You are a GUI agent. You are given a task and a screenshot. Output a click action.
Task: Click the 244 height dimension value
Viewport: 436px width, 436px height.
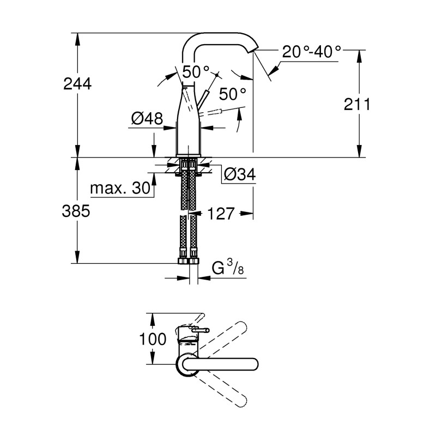[77, 84]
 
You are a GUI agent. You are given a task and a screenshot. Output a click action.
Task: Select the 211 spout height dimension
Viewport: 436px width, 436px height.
[357, 104]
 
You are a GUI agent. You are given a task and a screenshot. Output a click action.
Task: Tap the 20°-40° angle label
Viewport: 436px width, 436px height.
[312, 52]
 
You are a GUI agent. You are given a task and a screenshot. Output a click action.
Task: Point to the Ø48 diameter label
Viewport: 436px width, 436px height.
[147, 118]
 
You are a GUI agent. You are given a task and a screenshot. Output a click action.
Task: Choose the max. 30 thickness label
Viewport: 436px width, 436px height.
[119, 189]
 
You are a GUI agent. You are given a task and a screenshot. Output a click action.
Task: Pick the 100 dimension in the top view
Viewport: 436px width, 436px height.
[153, 339]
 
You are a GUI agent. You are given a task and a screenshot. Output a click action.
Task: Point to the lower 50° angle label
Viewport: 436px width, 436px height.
[233, 94]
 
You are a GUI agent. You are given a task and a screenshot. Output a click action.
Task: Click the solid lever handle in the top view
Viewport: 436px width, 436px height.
[223, 365]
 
